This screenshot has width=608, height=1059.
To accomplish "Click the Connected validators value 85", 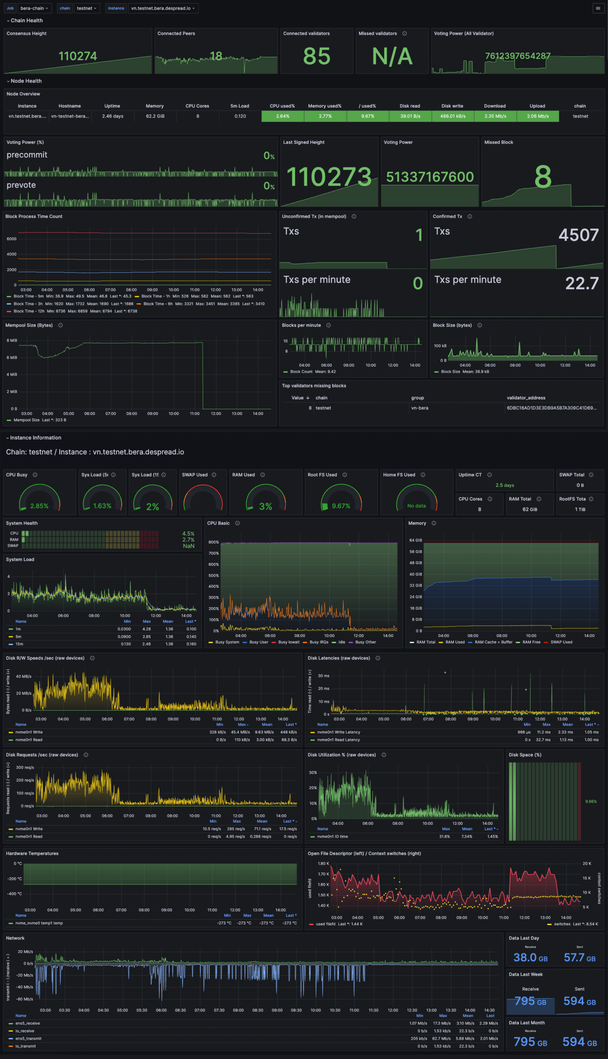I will click(x=317, y=56).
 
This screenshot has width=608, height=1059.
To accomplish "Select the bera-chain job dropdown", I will click(x=34, y=8).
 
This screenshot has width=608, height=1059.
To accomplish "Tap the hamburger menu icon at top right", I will click(x=598, y=8).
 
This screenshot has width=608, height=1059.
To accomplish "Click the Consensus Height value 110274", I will click(x=78, y=56).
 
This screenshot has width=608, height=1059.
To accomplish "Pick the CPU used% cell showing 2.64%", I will click(x=283, y=116).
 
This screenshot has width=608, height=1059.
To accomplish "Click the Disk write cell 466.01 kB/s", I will click(x=453, y=116).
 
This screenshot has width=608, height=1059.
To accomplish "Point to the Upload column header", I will click(x=537, y=106).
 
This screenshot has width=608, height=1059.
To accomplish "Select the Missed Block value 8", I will click(x=543, y=177).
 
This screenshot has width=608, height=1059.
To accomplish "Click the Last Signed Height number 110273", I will click(x=329, y=177).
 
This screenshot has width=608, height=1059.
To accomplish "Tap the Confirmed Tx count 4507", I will click(x=578, y=235).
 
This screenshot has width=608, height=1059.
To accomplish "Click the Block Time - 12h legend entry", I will click(x=29, y=311).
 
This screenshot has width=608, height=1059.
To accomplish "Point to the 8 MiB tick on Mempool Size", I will click(x=12, y=340).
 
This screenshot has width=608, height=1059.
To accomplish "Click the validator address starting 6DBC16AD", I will click(x=551, y=408).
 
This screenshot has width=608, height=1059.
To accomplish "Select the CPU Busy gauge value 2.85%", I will click(x=39, y=506).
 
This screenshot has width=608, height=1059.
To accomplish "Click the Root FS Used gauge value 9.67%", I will click(x=341, y=506).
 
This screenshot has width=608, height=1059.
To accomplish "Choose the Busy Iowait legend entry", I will click(x=288, y=642).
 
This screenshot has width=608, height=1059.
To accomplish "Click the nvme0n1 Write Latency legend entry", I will click(x=338, y=732).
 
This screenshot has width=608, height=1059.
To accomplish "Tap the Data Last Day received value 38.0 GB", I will click(x=530, y=957).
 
